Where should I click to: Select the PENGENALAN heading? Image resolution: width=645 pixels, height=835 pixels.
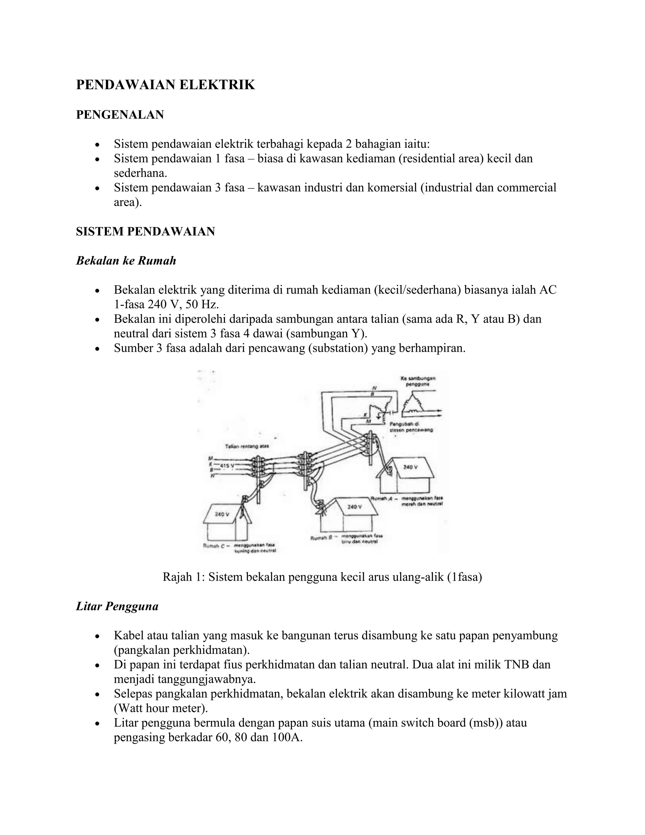(120, 115)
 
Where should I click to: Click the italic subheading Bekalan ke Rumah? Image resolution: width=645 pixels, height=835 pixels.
(126, 261)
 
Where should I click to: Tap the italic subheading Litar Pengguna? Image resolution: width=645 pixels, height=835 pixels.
(117, 606)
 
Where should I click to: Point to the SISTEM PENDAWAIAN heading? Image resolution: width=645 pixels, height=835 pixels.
(145, 232)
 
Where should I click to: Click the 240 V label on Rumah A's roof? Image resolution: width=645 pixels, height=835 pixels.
(410, 467)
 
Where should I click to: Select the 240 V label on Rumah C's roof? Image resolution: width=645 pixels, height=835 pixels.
(222, 514)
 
